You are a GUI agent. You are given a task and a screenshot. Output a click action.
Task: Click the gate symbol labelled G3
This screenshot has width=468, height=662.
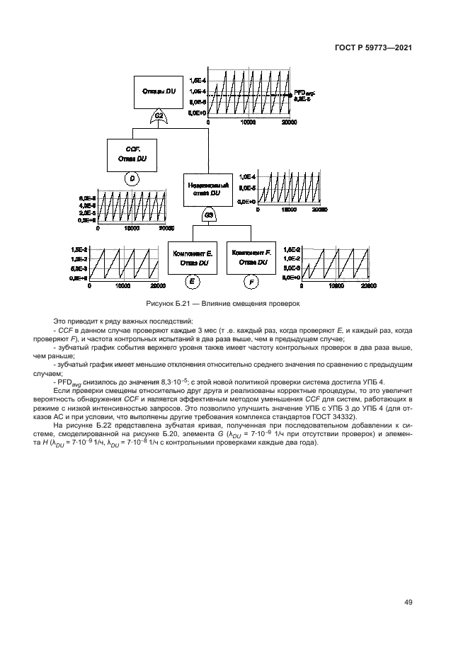pyautogui.click(x=210, y=215)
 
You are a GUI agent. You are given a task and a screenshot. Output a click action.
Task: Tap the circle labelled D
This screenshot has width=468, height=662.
pyautogui.click(x=132, y=179)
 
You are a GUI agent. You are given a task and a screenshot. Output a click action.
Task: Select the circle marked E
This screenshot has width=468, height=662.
pyautogui.click(x=191, y=283)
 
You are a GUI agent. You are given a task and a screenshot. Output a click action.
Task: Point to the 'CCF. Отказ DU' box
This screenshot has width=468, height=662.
pyautogui.click(x=132, y=154)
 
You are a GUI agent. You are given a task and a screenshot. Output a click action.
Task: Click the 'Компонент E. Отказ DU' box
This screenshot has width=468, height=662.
pyautogui.click(x=191, y=257)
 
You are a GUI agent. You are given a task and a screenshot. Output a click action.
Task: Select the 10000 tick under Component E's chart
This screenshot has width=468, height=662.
pyautogui.click(x=122, y=286)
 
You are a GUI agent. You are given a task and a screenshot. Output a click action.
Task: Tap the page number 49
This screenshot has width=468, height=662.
pyautogui.click(x=409, y=603)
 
